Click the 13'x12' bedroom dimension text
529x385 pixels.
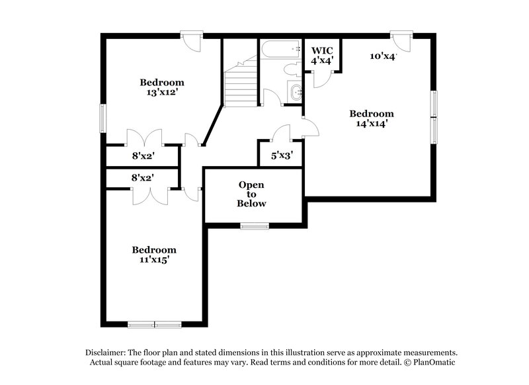click(161, 93)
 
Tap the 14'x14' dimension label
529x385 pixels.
click(371, 122)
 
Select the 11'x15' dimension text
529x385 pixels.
click(154, 260)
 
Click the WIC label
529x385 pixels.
click(322, 50)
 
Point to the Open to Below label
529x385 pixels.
click(251, 194)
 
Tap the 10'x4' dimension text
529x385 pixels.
click(382, 57)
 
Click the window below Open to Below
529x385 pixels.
click(254, 226)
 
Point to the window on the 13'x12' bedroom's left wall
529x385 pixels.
click(102, 118)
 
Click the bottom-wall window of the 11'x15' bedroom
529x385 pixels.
click(154, 323)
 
